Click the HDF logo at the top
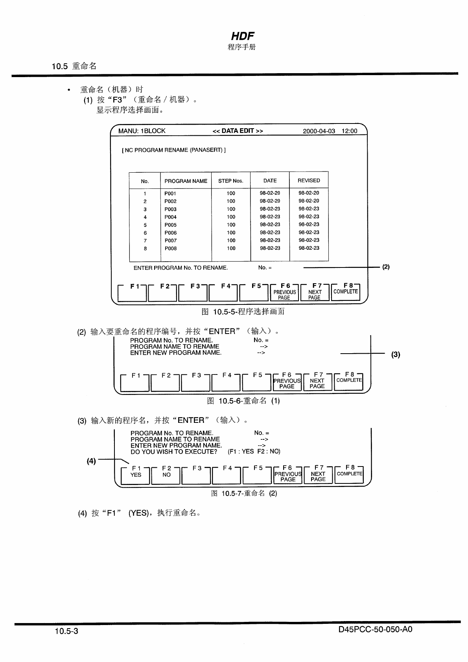click(x=242, y=36)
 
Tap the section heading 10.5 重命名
click(x=74, y=66)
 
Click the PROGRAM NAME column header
click(x=186, y=181)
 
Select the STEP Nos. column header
click(x=231, y=181)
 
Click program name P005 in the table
click(x=171, y=225)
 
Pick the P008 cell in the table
click(x=171, y=249)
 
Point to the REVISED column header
click(x=309, y=181)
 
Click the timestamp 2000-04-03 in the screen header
click(x=319, y=131)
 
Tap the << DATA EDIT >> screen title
click(x=238, y=131)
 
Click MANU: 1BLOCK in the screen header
click(x=142, y=131)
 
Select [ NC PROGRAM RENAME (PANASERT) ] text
click(x=174, y=150)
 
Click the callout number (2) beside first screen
click(x=386, y=267)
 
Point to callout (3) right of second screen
click(x=396, y=354)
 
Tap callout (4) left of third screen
click(x=91, y=461)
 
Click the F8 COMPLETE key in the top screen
click(x=346, y=291)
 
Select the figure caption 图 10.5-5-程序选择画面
click(x=243, y=312)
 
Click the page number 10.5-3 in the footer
click(x=66, y=631)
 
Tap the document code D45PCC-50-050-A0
click(x=375, y=629)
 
